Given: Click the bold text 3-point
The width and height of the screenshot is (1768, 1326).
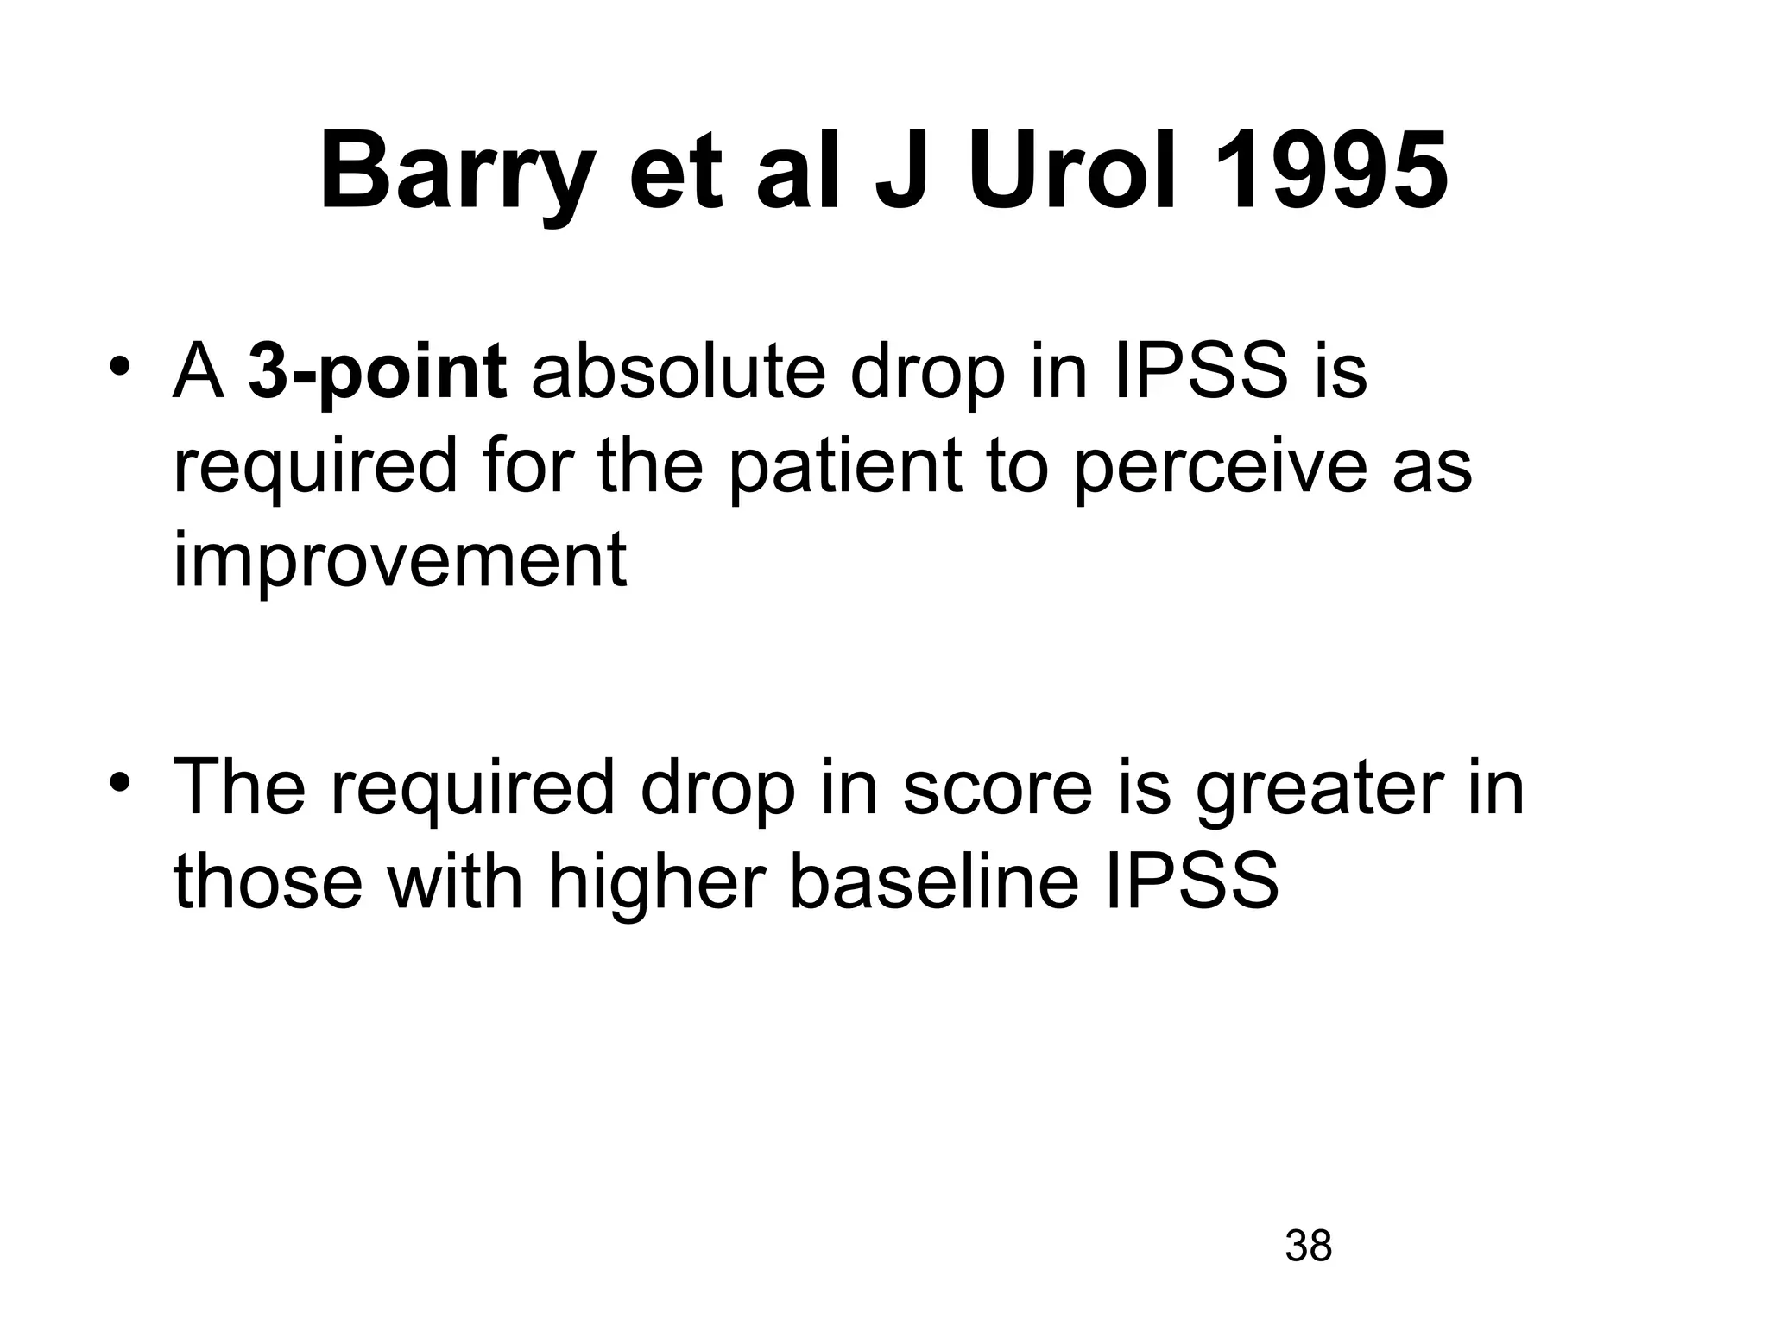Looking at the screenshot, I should click(x=377, y=375).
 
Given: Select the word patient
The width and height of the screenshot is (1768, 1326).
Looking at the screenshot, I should click(x=844, y=467).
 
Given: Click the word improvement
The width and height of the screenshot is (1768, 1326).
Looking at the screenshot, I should click(x=400, y=561).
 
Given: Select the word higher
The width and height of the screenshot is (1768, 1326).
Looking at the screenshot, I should click(x=657, y=882).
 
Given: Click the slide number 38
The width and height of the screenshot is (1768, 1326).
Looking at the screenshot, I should click(x=1308, y=1246).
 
